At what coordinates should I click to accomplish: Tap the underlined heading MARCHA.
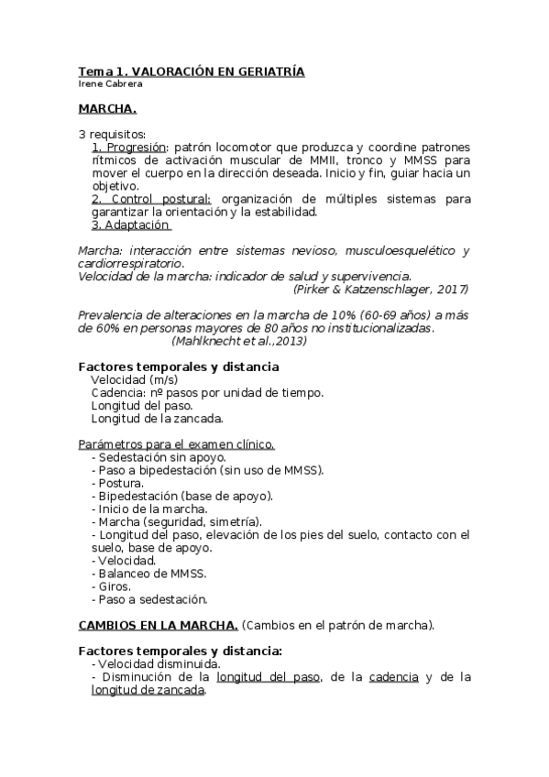point(107,110)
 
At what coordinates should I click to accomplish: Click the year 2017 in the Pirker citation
point(450,289)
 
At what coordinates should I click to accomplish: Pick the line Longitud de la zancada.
point(157,419)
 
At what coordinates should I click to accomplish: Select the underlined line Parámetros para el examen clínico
point(176,444)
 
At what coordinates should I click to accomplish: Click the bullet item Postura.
point(118,483)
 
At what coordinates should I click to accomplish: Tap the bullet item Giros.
point(114,586)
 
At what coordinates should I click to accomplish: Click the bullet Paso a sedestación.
point(150,599)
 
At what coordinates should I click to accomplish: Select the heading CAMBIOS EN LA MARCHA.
point(159,626)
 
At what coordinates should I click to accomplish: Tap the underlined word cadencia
point(393,677)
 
